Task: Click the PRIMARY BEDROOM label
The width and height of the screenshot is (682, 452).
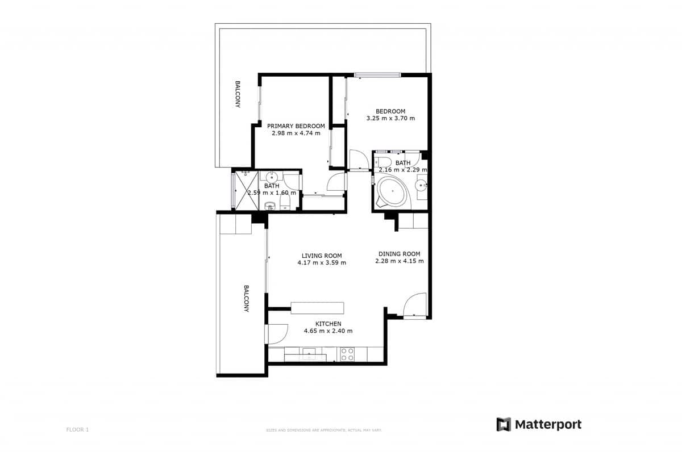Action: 296,126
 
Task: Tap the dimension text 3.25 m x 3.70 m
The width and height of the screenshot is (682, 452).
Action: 390,119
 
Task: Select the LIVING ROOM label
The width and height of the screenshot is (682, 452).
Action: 322,256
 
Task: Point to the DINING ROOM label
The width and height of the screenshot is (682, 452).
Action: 399,254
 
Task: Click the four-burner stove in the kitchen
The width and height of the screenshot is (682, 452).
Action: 347,354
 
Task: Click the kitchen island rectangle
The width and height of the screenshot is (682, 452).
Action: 317,308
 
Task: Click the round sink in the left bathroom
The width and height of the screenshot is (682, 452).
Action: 272,177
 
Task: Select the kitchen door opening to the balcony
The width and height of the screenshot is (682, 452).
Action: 277,334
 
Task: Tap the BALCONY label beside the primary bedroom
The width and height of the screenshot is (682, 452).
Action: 238,94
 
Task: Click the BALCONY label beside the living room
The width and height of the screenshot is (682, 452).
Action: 247,298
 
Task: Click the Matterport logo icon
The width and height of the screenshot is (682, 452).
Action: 504,424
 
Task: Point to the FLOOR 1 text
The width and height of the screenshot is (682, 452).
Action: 77,430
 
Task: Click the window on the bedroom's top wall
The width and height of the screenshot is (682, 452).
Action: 377,74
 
